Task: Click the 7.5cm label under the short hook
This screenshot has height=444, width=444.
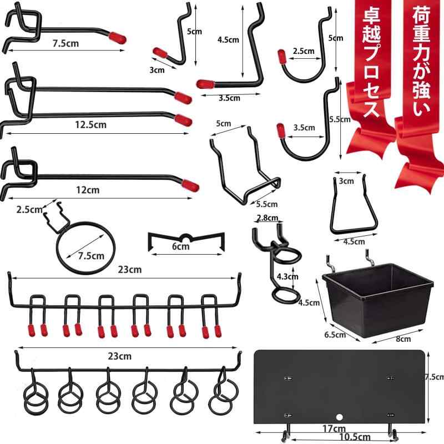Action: pos(65,43)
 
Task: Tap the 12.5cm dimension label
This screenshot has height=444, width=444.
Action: pos(90,124)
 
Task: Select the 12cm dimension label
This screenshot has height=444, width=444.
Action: pos(88,190)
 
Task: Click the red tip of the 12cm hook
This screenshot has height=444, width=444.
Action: pos(190,185)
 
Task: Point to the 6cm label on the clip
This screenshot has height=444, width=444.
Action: pos(181,246)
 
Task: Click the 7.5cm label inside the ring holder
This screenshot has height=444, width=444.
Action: pos(91,256)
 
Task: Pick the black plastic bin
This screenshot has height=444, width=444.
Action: pos(378,299)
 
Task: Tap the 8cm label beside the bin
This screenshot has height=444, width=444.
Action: pos(403,339)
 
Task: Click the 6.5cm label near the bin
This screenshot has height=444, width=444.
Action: pos(335,335)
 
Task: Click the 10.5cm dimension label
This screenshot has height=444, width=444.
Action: pos(355,437)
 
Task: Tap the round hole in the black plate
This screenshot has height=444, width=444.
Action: pos(340,417)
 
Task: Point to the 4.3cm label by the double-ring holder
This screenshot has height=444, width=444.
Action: pos(287,276)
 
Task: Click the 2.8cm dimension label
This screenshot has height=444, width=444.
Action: pos(268,218)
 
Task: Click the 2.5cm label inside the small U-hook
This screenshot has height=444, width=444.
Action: pos(304,51)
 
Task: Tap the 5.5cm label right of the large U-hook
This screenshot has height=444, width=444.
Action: pos(340,119)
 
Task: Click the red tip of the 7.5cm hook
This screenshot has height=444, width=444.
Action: pos(117,38)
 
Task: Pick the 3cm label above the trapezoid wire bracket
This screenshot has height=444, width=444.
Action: pos(346,181)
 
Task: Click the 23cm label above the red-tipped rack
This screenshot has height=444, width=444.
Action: pos(130,270)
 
